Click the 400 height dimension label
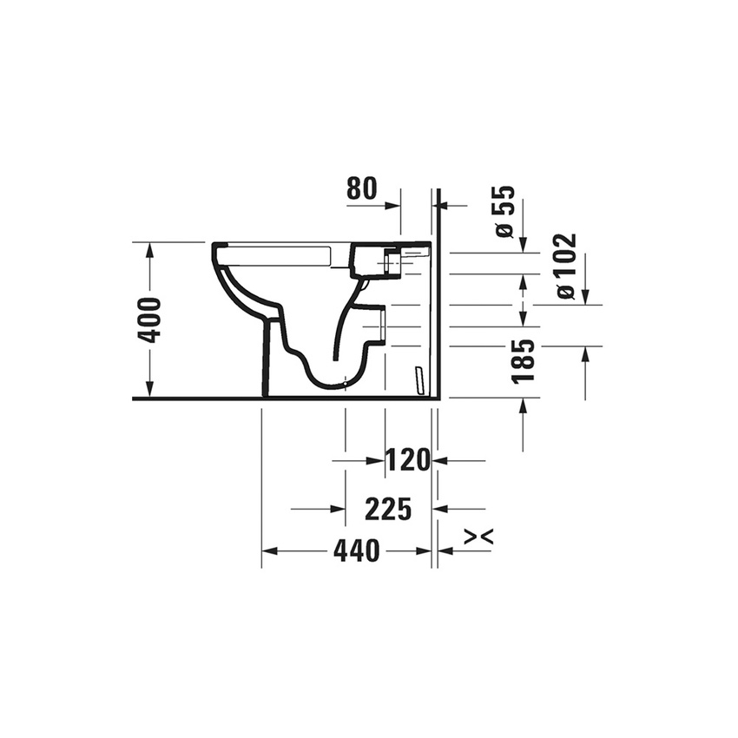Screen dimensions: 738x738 pos(150,320)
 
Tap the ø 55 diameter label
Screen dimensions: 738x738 pos(505,212)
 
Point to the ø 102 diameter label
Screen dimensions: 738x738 pos(566,266)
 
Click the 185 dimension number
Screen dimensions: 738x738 pos(523,362)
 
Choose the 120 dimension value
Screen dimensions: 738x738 pos(409,461)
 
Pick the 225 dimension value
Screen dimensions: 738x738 pos(387,510)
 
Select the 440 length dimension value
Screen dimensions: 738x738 pos(355,551)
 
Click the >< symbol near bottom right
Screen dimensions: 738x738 pos(478,537)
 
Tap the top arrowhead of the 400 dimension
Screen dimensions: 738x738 pos(150,250)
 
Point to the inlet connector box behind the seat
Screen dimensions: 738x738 pos(375,260)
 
